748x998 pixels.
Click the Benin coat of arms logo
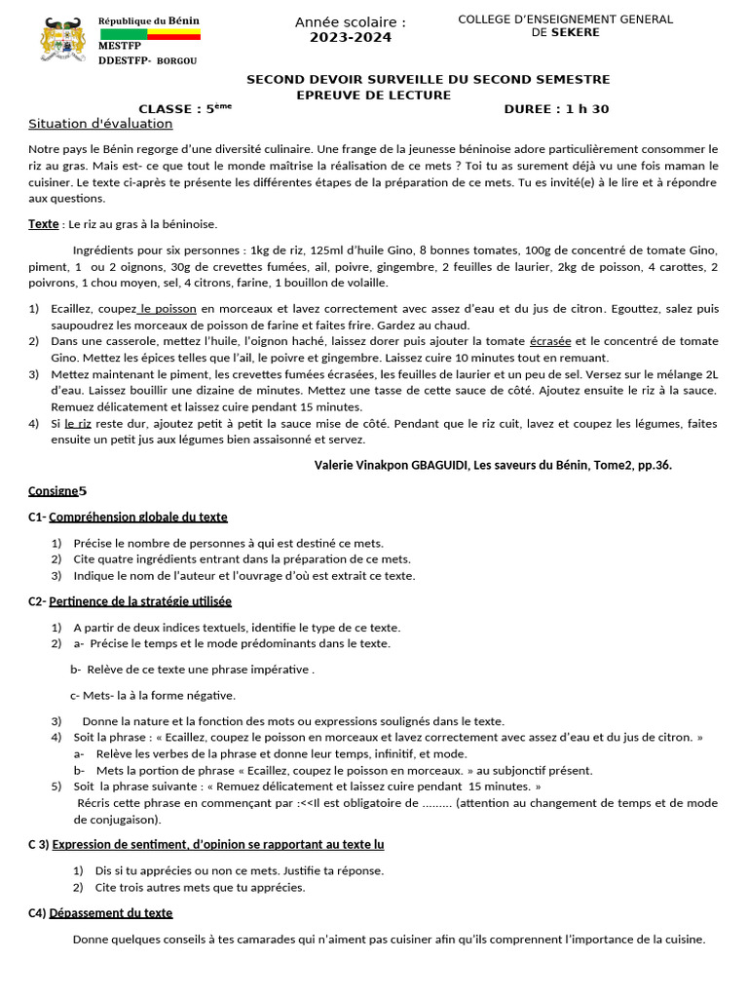pos(62,42)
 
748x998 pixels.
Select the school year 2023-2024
pos(351,38)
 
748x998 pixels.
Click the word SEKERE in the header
pos(576,32)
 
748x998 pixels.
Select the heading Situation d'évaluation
pos(100,124)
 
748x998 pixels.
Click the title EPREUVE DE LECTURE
pos(373,95)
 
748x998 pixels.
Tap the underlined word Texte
pos(43,224)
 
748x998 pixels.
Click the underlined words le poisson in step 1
pos(168,309)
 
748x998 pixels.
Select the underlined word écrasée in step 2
pos(550,341)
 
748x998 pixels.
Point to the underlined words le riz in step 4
pos(78,425)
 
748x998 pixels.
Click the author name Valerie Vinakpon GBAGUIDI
pos(393,465)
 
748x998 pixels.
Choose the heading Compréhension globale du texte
pos(137,517)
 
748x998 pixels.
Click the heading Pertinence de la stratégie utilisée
pos(140,601)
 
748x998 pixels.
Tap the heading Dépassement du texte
pos(111,913)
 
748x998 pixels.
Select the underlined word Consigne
pos(53,490)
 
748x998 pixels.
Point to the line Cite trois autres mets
pos(200,888)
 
